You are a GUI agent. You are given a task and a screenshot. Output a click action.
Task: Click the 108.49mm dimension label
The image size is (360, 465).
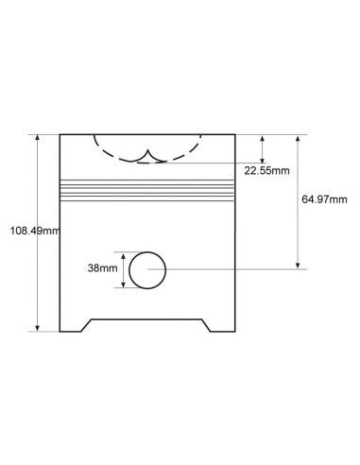pos(35,231)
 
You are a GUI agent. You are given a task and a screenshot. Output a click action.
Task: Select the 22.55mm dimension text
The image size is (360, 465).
pos(266,171)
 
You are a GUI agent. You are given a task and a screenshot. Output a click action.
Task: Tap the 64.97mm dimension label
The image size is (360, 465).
pos(324,199)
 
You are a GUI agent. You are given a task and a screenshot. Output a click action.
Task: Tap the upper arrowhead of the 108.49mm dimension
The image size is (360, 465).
pos(38,138)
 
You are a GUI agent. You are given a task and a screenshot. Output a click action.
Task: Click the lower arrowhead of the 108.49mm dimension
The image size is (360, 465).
pos(38,328)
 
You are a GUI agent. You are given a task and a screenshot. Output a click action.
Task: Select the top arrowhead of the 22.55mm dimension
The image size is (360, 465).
pos(262,138)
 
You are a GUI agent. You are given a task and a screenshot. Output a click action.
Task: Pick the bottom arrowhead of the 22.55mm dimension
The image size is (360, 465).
pos(262,160)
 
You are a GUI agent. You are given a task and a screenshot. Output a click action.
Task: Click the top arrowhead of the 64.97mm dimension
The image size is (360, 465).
pos(298,138)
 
